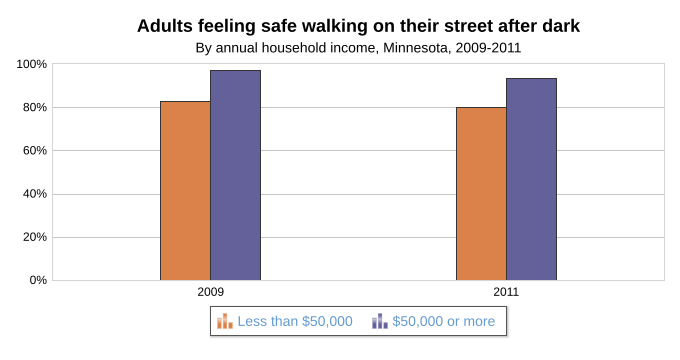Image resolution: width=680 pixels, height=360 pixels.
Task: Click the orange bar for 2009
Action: [x=185, y=191]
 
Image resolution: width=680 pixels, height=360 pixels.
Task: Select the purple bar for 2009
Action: [x=235, y=175]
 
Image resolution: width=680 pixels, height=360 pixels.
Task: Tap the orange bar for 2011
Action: [x=481, y=194]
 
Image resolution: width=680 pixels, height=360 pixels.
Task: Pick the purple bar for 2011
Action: [x=531, y=179]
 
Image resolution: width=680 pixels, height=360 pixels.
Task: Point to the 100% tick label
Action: [x=31, y=64]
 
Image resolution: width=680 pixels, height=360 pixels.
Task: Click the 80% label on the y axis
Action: [x=35, y=107]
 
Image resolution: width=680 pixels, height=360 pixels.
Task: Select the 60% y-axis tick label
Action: [x=35, y=151]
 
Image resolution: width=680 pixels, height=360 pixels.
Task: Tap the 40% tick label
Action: [x=35, y=194]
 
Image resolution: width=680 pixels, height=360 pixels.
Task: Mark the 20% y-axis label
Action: [x=35, y=237]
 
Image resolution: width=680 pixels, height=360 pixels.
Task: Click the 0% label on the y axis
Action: [x=38, y=280]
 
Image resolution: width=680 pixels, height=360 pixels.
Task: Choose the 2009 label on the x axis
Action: [x=210, y=292]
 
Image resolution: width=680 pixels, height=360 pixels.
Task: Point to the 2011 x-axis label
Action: [x=506, y=292]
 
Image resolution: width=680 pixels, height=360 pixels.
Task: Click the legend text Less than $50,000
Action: [x=295, y=321]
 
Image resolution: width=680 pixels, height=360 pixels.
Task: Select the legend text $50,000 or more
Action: [x=444, y=321]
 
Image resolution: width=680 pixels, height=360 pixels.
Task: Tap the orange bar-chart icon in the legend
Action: [x=225, y=321]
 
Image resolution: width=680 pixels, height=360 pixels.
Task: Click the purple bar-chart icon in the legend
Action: [x=380, y=321]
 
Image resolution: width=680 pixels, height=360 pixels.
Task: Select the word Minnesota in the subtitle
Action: [x=415, y=48]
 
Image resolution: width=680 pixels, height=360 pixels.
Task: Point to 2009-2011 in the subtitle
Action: [x=488, y=48]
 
